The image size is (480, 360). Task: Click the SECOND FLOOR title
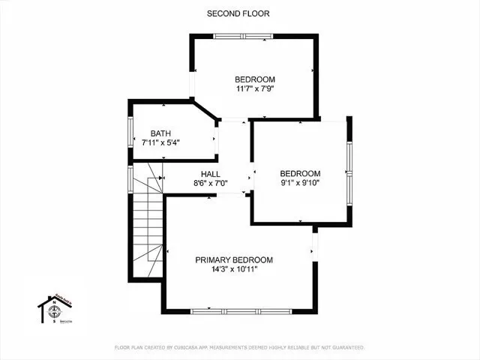click(x=239, y=13)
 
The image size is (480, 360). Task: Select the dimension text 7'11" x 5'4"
click(x=161, y=142)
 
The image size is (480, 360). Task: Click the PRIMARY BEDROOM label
click(x=234, y=259)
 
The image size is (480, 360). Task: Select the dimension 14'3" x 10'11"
click(x=234, y=270)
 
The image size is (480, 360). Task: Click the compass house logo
click(x=54, y=309)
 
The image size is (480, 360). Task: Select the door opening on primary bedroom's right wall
click(x=315, y=243)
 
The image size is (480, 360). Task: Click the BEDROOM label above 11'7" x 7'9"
click(x=255, y=79)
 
